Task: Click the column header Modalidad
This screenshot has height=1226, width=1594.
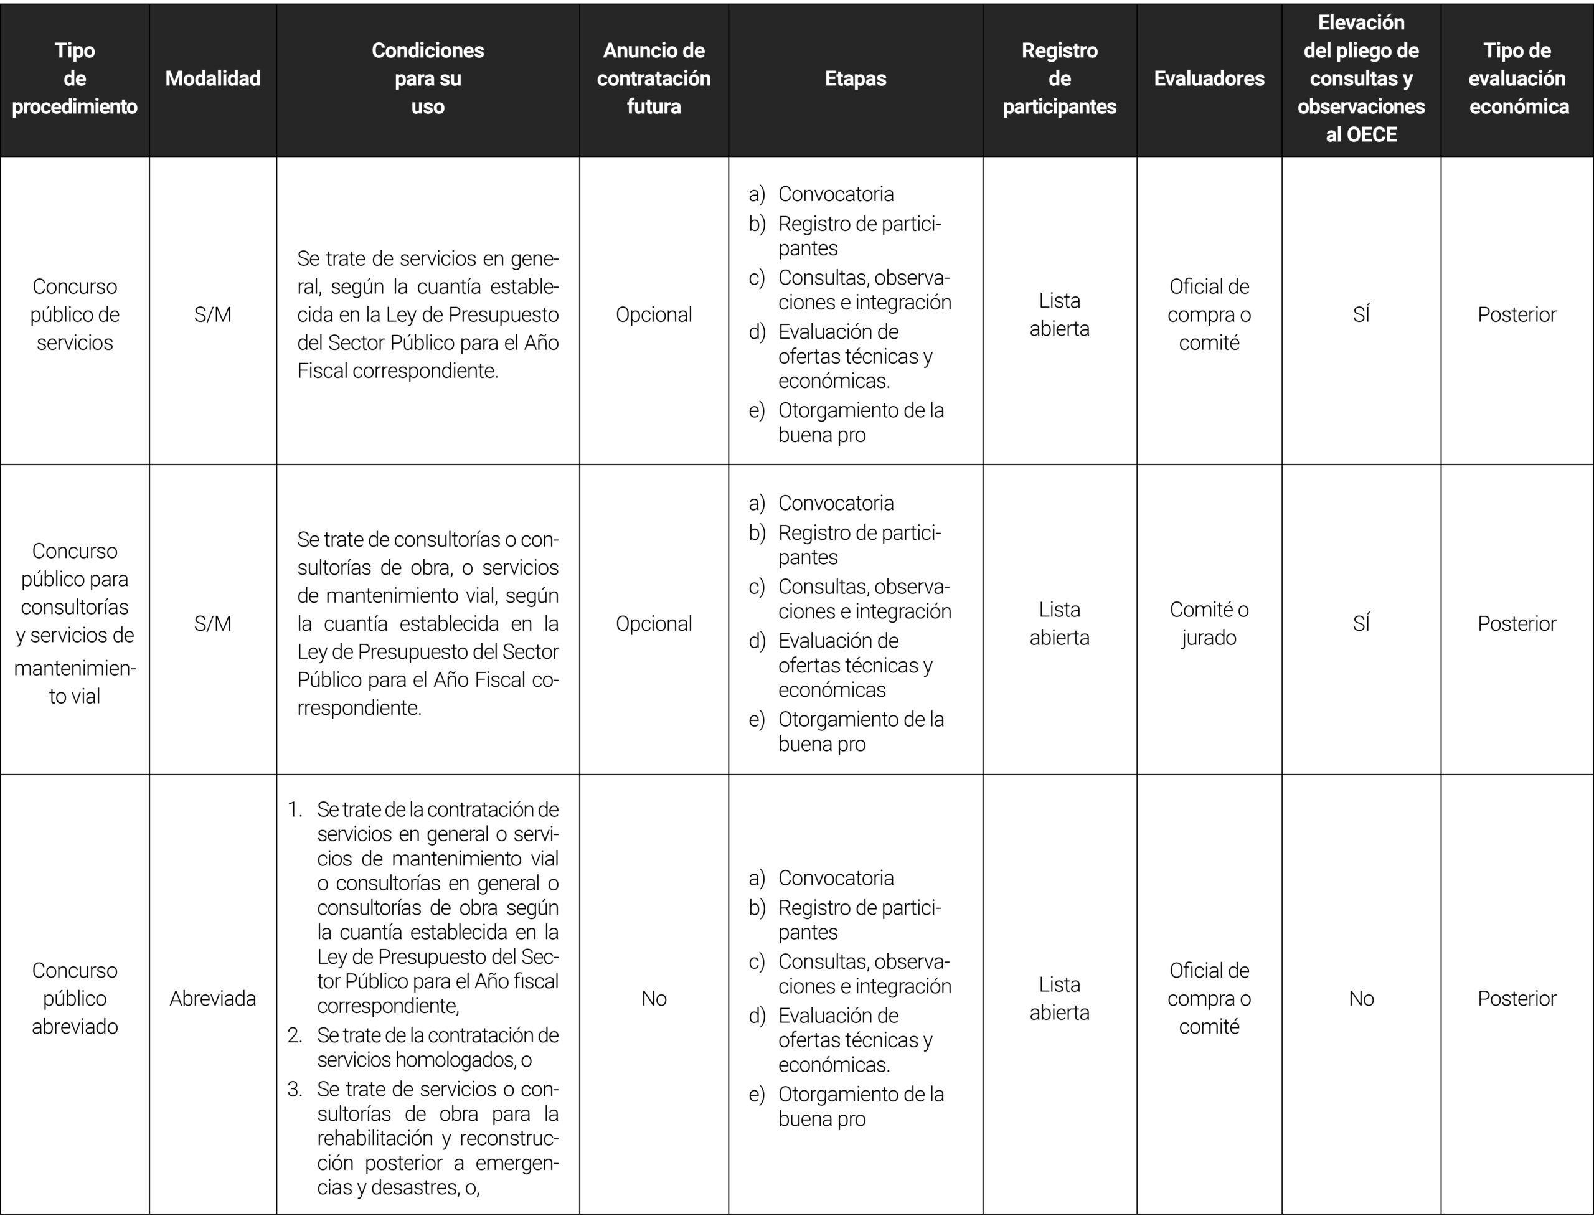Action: [212, 79]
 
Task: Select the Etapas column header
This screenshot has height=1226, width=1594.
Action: [856, 79]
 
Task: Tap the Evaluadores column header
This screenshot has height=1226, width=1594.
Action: [1209, 79]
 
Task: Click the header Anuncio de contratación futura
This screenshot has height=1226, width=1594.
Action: [653, 79]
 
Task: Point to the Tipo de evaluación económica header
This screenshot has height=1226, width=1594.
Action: [1517, 79]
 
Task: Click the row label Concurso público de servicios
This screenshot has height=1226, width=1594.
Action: [75, 314]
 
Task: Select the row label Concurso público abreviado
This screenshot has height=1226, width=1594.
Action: [75, 998]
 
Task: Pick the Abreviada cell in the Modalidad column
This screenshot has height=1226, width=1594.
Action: [212, 998]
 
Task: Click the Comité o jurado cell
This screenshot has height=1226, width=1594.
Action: [1209, 623]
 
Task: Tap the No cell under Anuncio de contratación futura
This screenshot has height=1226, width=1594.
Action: [653, 998]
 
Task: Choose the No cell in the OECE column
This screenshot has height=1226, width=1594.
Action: [1361, 998]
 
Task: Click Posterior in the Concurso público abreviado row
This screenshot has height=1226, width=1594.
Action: [1517, 998]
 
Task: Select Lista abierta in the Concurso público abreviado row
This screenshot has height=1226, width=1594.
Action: [1059, 998]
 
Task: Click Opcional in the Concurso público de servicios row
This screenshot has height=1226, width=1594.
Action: [653, 314]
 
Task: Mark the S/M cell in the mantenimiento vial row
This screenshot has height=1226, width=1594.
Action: [212, 623]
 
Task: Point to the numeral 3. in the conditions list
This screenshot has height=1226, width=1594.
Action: [295, 1090]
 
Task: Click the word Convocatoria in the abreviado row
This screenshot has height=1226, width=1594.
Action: [836, 878]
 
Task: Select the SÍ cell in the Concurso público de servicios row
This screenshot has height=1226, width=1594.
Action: [1361, 314]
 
